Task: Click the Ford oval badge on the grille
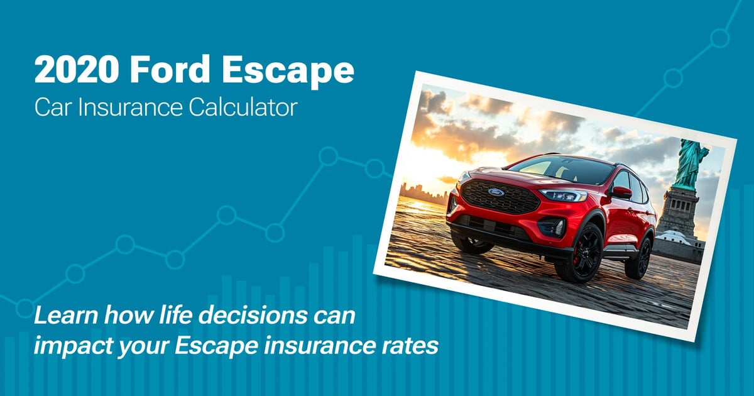pos(496,191)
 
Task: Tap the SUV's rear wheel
pos(639,256)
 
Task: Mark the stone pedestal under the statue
pos(677,211)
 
